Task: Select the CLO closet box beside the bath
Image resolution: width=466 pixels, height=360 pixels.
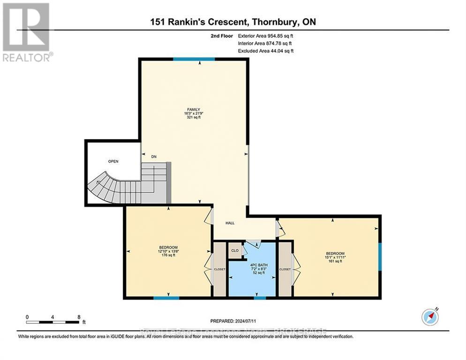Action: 235,250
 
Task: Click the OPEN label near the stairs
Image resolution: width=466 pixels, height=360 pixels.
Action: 113,161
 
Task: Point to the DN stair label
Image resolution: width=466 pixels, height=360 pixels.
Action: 153,157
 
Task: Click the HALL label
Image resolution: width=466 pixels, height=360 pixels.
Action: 230,223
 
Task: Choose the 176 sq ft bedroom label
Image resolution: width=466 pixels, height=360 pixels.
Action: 168,252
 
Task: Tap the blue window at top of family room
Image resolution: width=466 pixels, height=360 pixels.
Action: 194,59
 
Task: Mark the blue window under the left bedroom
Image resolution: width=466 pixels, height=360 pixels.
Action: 166,297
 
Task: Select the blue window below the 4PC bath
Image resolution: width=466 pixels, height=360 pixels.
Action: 259,297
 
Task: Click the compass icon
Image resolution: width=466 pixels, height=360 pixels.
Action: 430,317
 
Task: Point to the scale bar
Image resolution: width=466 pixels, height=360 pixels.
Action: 53,322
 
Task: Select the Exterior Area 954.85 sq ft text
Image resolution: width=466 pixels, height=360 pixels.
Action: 266,36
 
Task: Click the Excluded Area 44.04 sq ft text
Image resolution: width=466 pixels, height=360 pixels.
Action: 266,51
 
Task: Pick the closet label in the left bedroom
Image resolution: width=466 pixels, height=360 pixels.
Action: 220,270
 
